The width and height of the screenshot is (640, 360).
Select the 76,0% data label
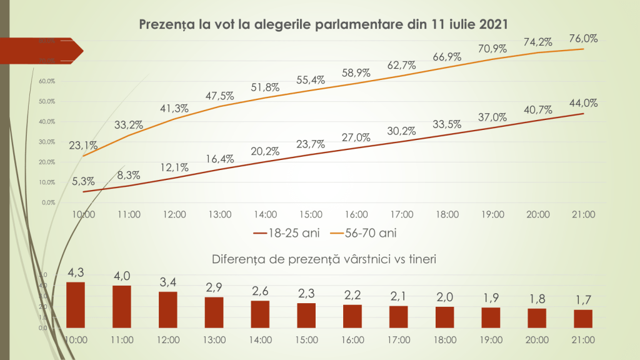click(584, 38)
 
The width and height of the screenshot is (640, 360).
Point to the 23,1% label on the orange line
click(83, 145)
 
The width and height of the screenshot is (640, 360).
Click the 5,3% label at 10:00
click(83, 181)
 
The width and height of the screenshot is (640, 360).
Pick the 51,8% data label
click(266, 87)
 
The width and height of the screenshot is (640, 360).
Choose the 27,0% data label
click(356, 137)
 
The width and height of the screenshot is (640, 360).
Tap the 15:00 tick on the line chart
click(311, 214)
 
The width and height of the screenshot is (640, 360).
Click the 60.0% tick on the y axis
click(47, 81)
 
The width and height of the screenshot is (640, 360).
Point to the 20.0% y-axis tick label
click(47, 162)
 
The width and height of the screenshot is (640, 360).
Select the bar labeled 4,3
click(76, 305)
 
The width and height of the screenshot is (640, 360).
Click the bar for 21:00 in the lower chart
click(583, 319)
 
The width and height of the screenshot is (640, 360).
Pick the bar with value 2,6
click(260, 314)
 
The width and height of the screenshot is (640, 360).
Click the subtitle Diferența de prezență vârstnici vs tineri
click(323, 258)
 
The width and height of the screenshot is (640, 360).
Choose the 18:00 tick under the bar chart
click(445, 339)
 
